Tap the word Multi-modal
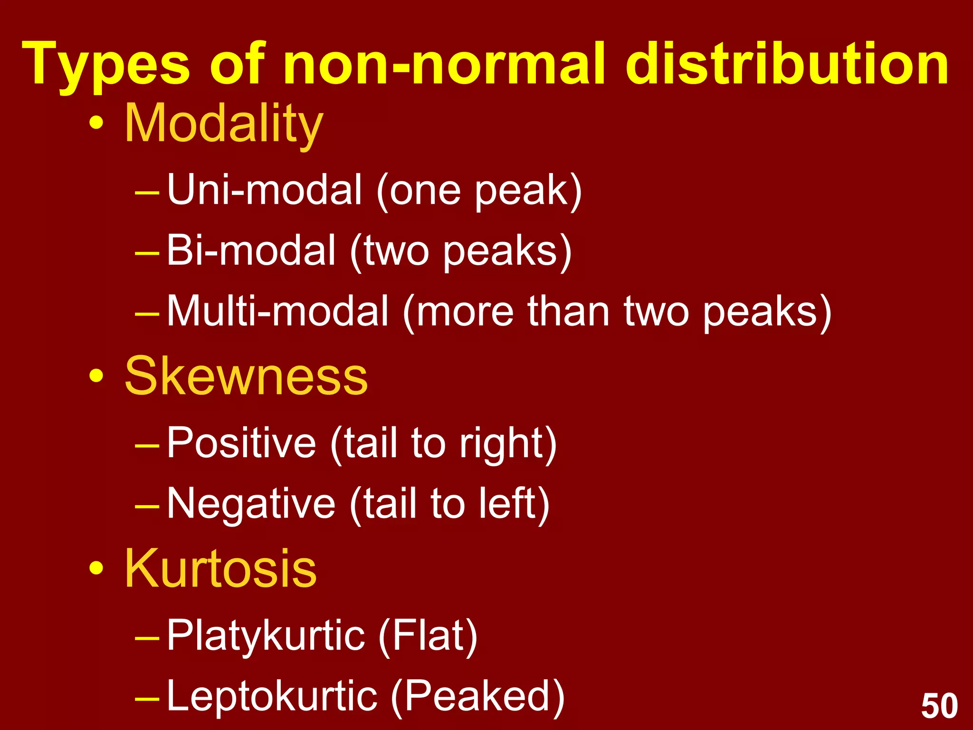coord(278,311)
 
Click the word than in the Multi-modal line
coord(568,311)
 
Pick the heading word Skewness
coord(246,376)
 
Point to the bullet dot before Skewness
coord(96,376)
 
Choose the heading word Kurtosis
coord(220,568)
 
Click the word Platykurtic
coord(266,636)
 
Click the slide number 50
coord(939,706)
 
